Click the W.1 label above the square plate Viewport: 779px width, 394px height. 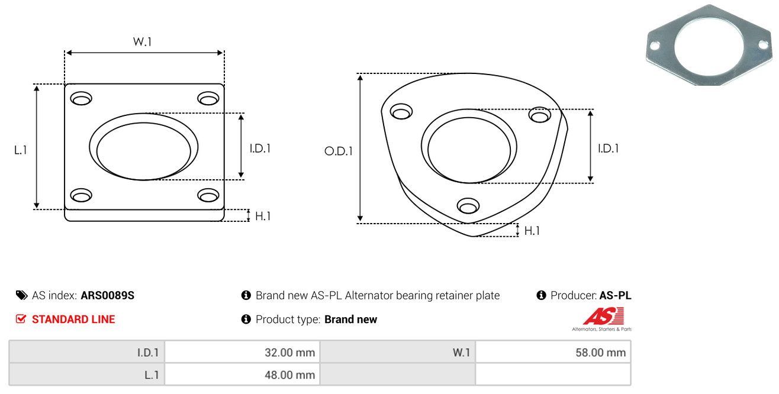pos(142,41)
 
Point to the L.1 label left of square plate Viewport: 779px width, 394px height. pos(21,150)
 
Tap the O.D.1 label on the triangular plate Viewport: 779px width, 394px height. pos(339,151)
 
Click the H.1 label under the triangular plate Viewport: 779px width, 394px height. pos(532,231)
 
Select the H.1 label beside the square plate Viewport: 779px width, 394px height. pos(263,216)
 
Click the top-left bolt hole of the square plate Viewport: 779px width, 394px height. pos(81,98)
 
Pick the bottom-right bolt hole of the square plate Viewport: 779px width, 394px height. pos(208,195)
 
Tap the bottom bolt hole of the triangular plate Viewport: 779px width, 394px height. pos(468,206)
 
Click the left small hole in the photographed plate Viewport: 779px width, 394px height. pos(655,46)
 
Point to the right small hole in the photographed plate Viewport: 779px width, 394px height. pos(763,44)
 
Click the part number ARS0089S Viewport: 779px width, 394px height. pos(108,295)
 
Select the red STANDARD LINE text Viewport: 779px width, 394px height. pos(73,319)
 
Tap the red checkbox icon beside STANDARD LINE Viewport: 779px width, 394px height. pos(21,319)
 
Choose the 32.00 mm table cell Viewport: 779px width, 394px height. pos(242,353)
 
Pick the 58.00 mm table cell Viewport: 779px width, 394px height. pos(553,353)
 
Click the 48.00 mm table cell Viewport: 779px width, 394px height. pos(242,374)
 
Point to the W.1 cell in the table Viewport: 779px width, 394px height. pos(398,353)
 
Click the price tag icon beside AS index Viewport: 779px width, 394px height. pos(21,295)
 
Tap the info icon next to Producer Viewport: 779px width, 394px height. pos(541,295)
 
